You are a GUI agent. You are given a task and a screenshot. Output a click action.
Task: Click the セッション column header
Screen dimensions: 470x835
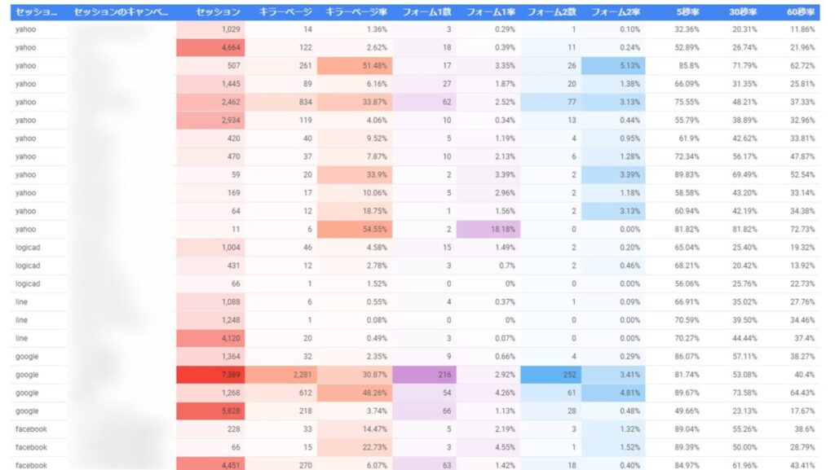pyautogui.click(x=219, y=12)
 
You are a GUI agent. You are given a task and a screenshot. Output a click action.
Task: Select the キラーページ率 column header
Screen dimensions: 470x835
pyautogui.click(x=355, y=12)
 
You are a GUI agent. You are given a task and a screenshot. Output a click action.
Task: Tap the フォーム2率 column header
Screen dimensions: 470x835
pyautogui.click(x=615, y=12)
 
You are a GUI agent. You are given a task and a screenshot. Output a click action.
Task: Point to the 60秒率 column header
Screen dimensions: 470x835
pyautogui.click(x=802, y=12)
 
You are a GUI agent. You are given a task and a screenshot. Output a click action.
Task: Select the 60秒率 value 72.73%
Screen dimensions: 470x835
pyautogui.click(x=801, y=230)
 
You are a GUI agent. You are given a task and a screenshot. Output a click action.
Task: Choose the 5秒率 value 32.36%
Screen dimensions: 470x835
pyautogui.click(x=688, y=29)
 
